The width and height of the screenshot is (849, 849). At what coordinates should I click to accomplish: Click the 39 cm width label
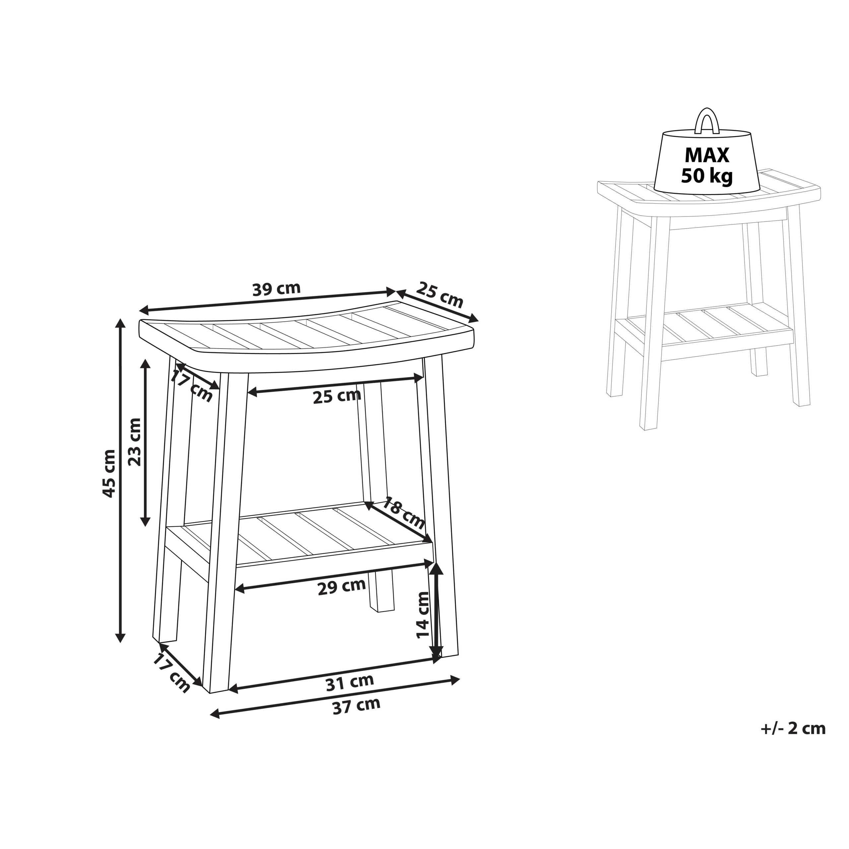pyautogui.click(x=276, y=289)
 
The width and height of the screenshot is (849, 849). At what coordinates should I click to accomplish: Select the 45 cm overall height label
pyautogui.click(x=108, y=473)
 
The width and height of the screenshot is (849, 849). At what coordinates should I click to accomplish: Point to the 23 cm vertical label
pyautogui.click(x=134, y=442)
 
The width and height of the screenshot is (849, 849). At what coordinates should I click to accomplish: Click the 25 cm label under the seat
pyautogui.click(x=337, y=396)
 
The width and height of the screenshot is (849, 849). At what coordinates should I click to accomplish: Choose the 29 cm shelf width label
pyautogui.click(x=342, y=587)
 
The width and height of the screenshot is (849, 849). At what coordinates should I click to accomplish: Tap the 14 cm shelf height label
pyautogui.click(x=423, y=615)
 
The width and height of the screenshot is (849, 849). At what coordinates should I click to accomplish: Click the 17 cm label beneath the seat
pyautogui.click(x=191, y=386)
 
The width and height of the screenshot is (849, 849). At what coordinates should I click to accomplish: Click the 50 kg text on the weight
pyautogui.click(x=707, y=176)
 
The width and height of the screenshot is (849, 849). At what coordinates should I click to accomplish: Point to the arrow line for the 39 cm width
pyautogui.click(x=268, y=300)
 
